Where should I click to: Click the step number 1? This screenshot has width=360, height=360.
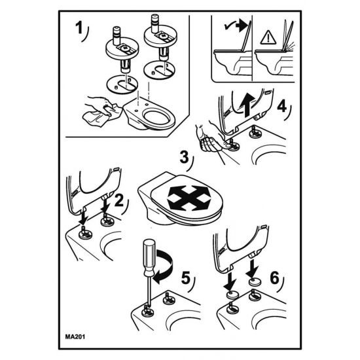[79, 28]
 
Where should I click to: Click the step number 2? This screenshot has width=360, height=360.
[119, 201]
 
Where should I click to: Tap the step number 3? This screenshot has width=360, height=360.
[184, 158]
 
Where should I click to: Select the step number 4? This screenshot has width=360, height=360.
[282, 107]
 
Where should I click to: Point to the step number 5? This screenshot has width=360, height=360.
[186, 278]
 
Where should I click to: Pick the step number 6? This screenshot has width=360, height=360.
[275, 278]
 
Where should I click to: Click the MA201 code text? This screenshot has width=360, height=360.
[75, 337]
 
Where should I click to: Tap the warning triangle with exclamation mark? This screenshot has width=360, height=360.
[268, 38]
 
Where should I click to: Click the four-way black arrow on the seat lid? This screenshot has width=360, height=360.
[189, 198]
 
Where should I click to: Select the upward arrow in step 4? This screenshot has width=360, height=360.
[247, 105]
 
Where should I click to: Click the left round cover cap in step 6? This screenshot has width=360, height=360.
[232, 295]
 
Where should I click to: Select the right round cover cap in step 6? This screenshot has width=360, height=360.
[254, 282]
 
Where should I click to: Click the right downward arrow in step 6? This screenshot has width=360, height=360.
[252, 268]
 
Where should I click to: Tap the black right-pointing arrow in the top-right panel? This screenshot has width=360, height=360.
[243, 26]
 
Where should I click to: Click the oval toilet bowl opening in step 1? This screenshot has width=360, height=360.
[156, 117]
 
